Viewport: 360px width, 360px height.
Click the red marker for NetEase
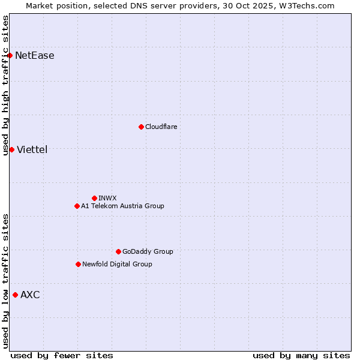(x=10, y=56)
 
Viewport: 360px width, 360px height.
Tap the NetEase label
(x=34, y=56)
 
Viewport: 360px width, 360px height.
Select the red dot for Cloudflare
(x=141, y=127)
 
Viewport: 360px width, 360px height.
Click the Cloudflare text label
(x=161, y=127)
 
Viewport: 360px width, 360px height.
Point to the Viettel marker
(x=11, y=149)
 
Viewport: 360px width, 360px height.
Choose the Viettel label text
(x=32, y=149)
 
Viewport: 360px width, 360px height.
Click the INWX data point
(x=94, y=198)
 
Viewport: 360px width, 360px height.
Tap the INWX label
(x=107, y=198)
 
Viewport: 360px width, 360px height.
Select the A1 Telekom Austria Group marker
(x=77, y=206)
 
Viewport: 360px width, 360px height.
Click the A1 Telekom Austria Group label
(x=122, y=206)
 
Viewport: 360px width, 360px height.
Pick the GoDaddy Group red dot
(x=118, y=251)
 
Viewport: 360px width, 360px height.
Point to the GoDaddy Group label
(x=147, y=251)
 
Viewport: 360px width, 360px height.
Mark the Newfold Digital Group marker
(x=78, y=264)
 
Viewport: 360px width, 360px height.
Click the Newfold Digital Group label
(x=117, y=264)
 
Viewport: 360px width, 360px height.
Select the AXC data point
(x=15, y=295)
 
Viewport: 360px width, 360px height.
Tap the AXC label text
(x=30, y=295)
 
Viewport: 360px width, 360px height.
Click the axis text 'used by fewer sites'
(x=62, y=355)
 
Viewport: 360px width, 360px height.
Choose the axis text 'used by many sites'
(x=301, y=355)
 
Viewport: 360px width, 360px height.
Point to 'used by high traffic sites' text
(x=6, y=85)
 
